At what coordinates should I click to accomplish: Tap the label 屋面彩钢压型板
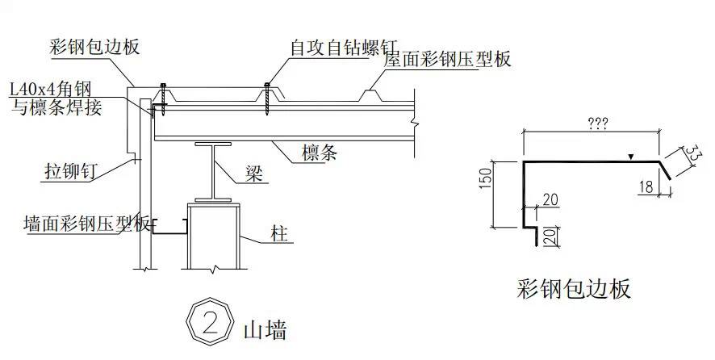448,60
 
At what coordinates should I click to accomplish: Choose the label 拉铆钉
70,171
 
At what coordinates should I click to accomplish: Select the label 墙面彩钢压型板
87,224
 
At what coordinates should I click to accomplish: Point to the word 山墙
264,329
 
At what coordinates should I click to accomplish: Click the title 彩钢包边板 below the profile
574,288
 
